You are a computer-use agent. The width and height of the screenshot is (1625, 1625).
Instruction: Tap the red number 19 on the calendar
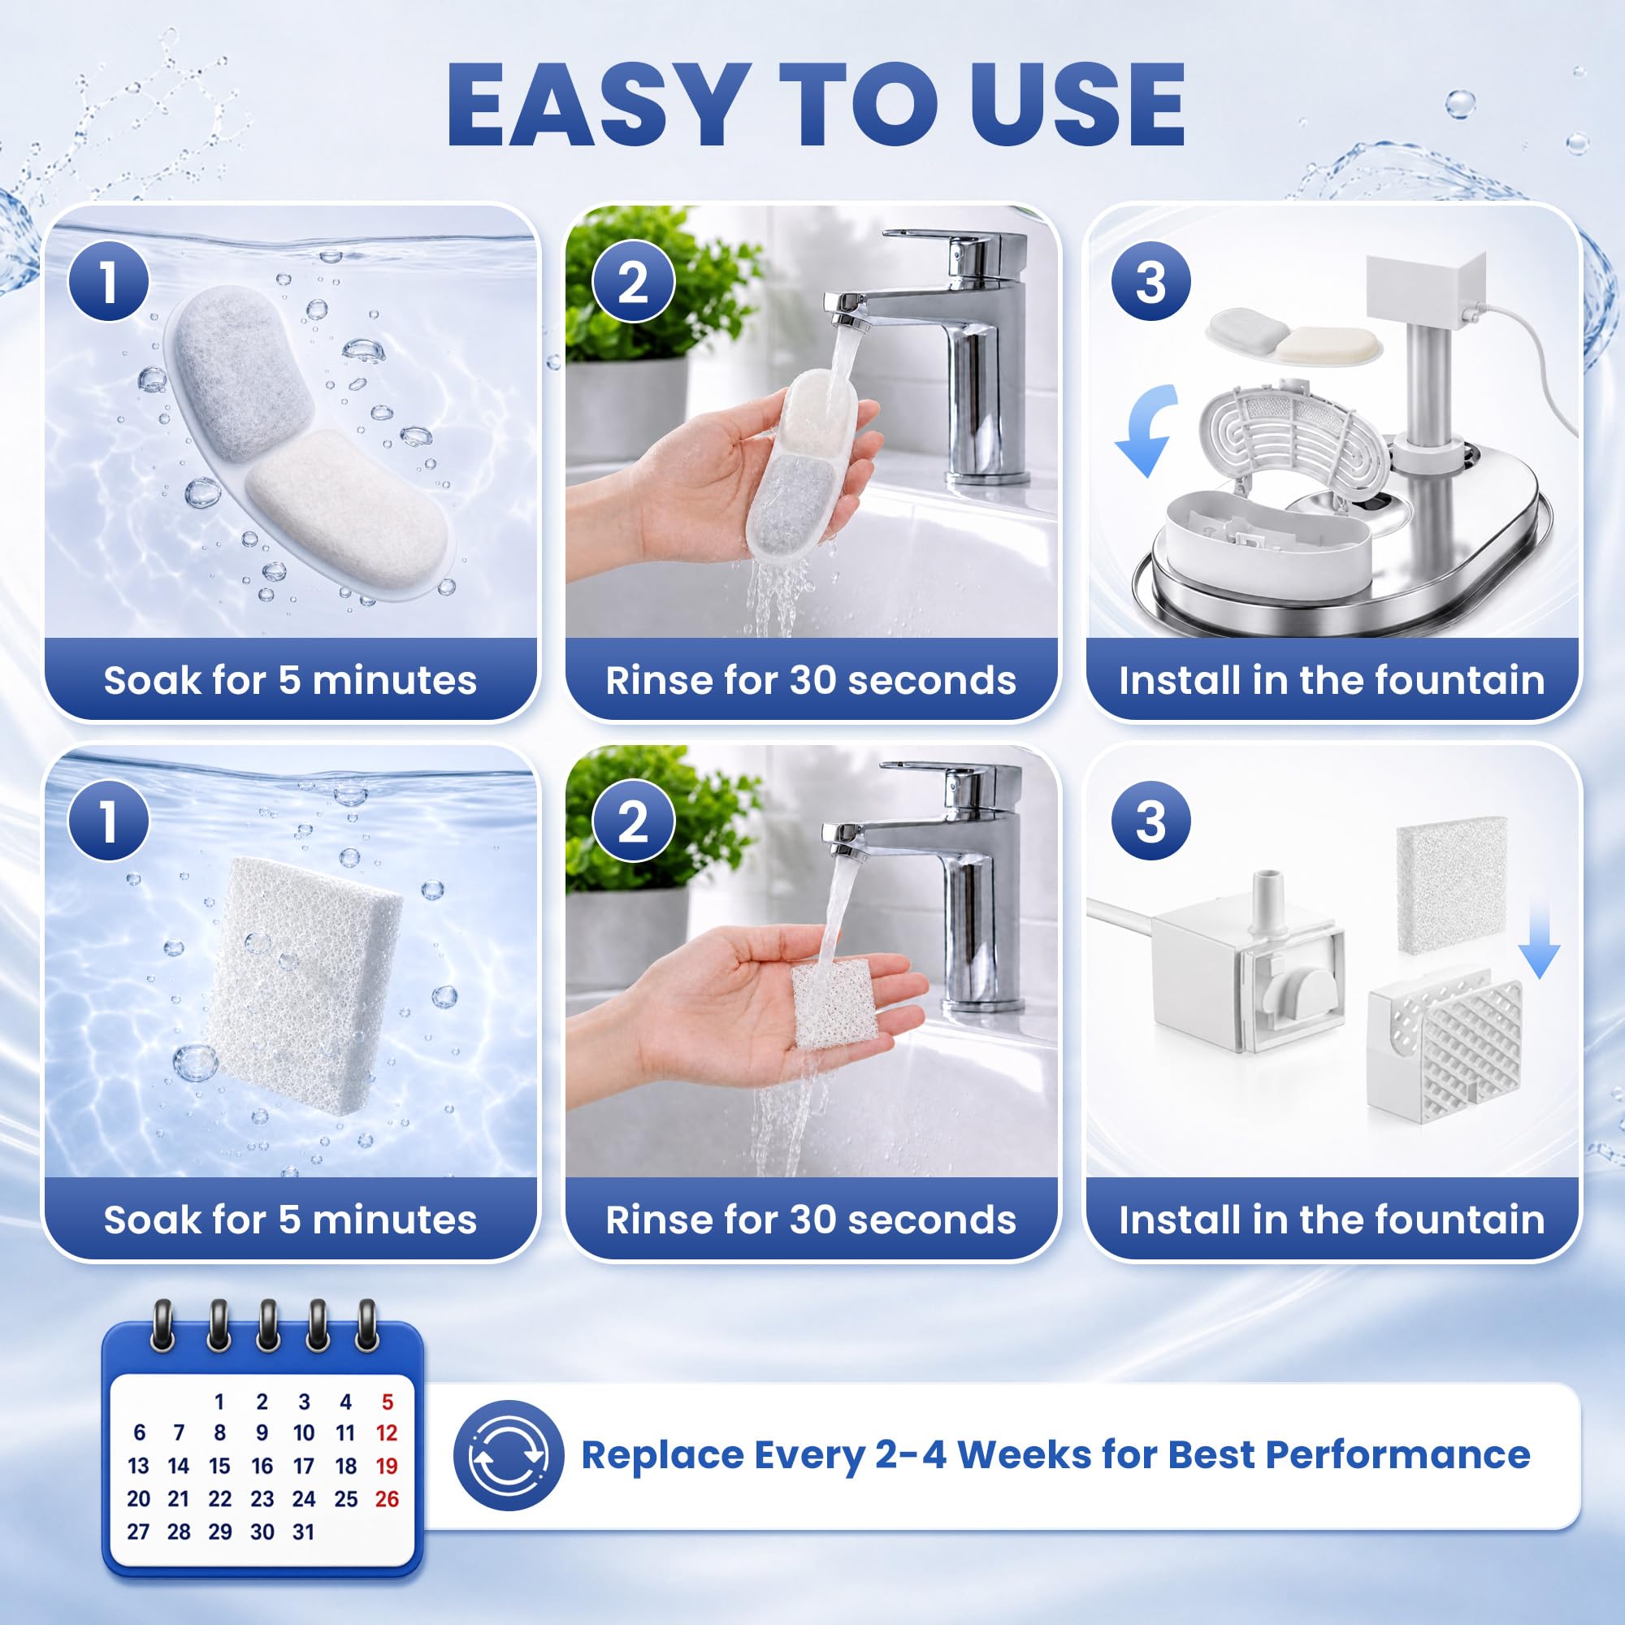tap(386, 1466)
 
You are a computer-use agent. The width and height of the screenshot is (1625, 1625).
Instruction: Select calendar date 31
tap(304, 1532)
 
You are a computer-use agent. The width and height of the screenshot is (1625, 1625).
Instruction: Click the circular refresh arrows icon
tap(508, 1455)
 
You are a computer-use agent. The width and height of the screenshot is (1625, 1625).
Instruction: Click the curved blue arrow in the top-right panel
tap(1146, 429)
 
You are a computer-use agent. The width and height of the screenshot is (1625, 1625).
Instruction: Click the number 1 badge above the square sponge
tap(110, 820)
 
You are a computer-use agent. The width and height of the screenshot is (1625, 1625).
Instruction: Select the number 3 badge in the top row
tap(1150, 281)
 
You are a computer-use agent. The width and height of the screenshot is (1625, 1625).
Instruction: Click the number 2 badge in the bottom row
tap(634, 820)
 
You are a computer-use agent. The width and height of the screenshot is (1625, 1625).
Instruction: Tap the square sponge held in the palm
tap(835, 1005)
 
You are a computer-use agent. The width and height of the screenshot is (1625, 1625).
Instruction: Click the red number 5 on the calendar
tap(387, 1402)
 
